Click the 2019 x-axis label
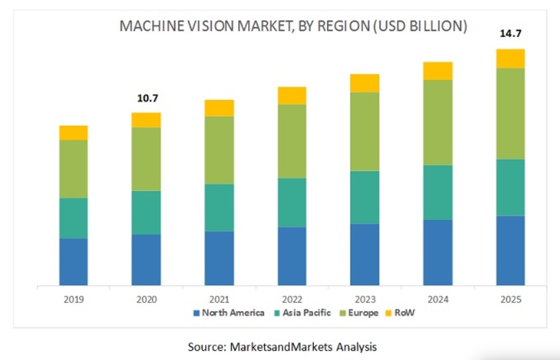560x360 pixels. [x=74, y=300]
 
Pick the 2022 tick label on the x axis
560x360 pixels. [x=292, y=300]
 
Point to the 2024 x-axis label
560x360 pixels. [x=438, y=300]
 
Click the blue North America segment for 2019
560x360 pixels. [x=73, y=262]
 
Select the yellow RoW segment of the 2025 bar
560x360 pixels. [x=510, y=58]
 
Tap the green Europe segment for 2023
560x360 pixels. [x=364, y=131]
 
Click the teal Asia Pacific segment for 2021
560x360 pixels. [x=219, y=208]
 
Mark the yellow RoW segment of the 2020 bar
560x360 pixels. [x=146, y=119]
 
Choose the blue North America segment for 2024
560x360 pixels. [x=437, y=253]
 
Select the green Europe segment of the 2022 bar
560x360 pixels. [x=292, y=141]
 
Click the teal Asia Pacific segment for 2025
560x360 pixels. [x=510, y=188]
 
